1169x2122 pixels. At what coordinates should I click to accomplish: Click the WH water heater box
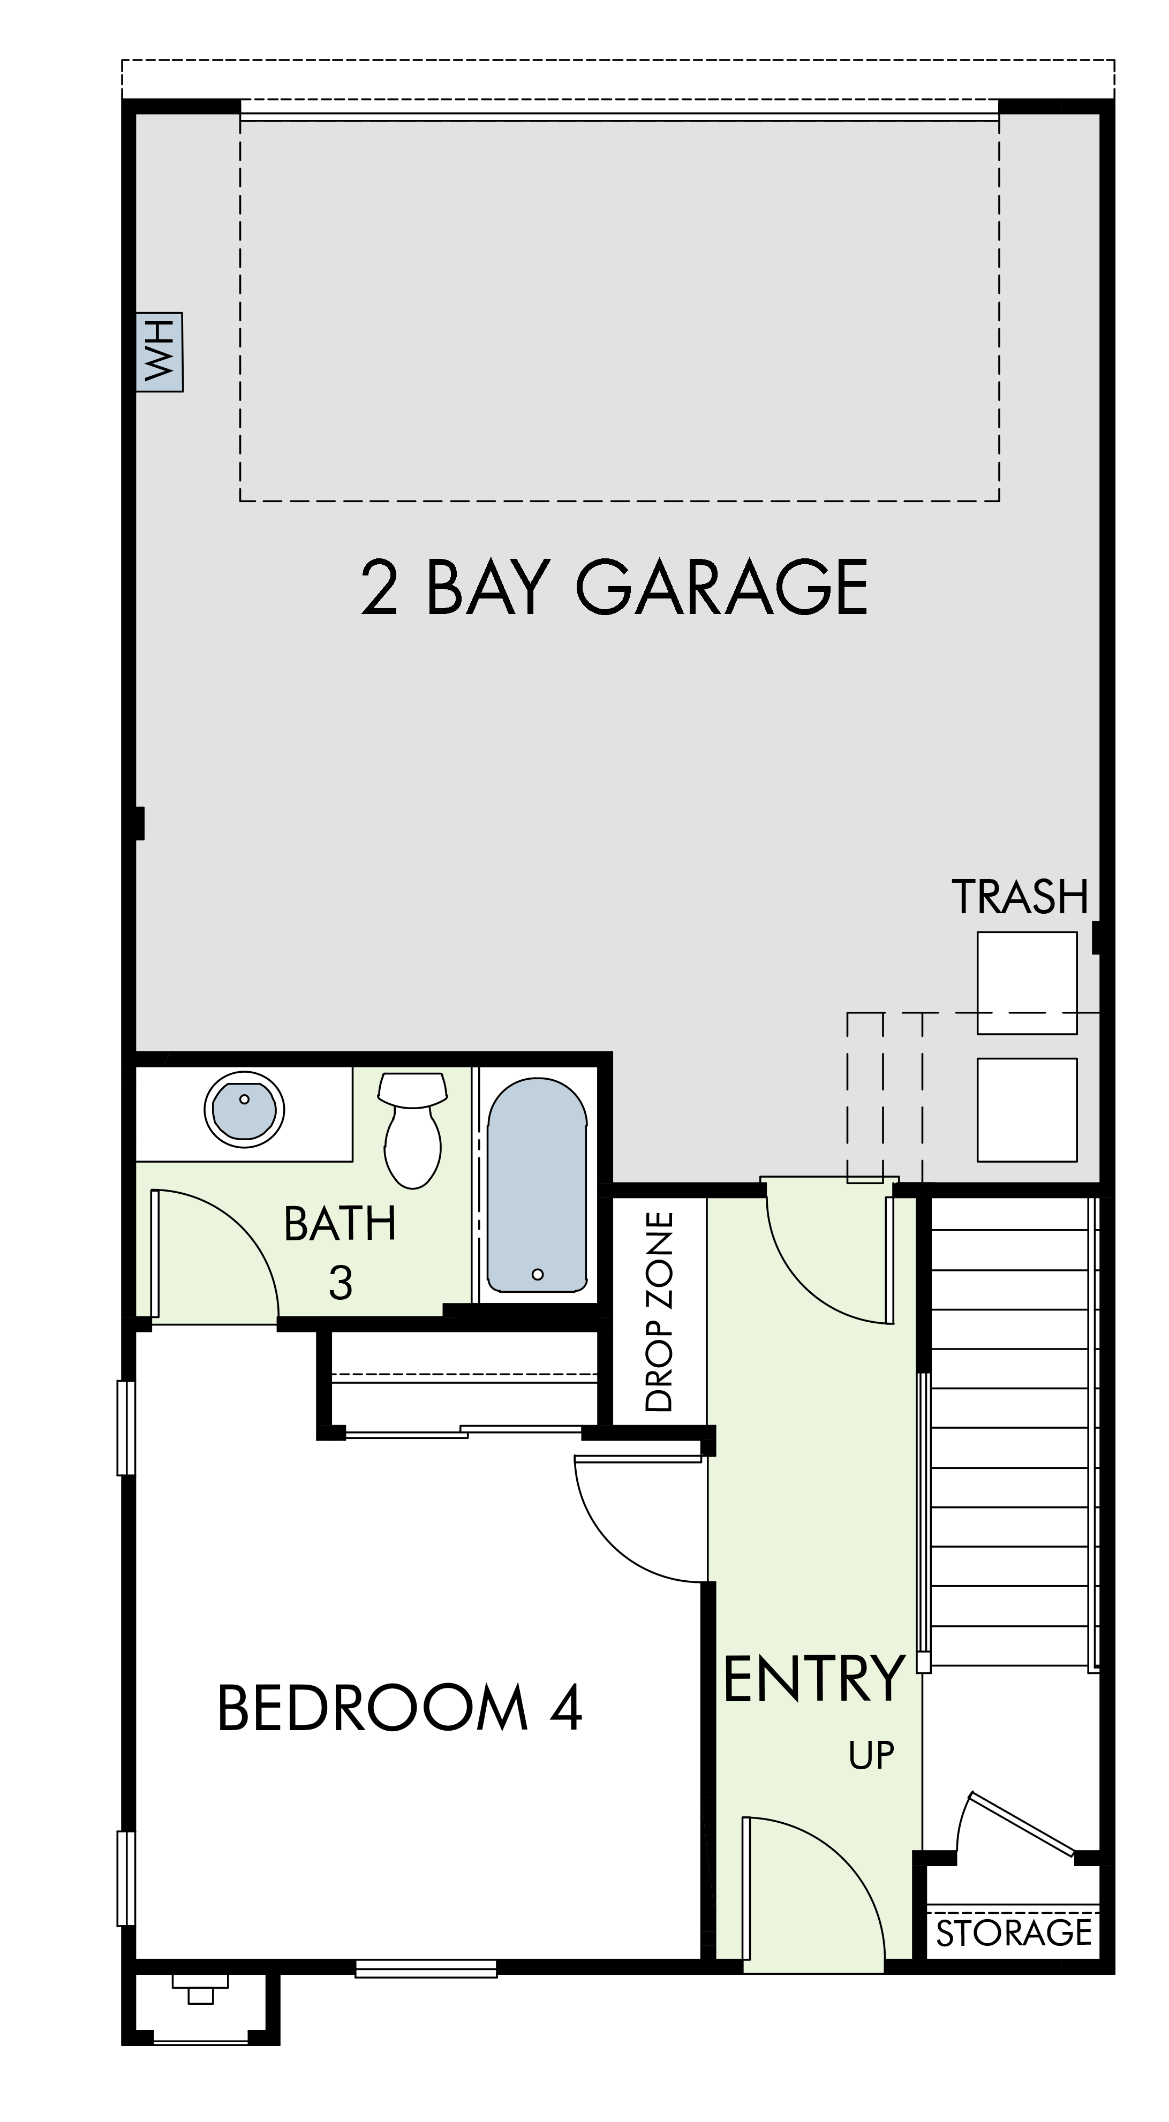159,352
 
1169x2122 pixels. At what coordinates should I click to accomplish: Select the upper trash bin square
1027,983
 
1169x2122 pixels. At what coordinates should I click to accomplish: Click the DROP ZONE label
660,1312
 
